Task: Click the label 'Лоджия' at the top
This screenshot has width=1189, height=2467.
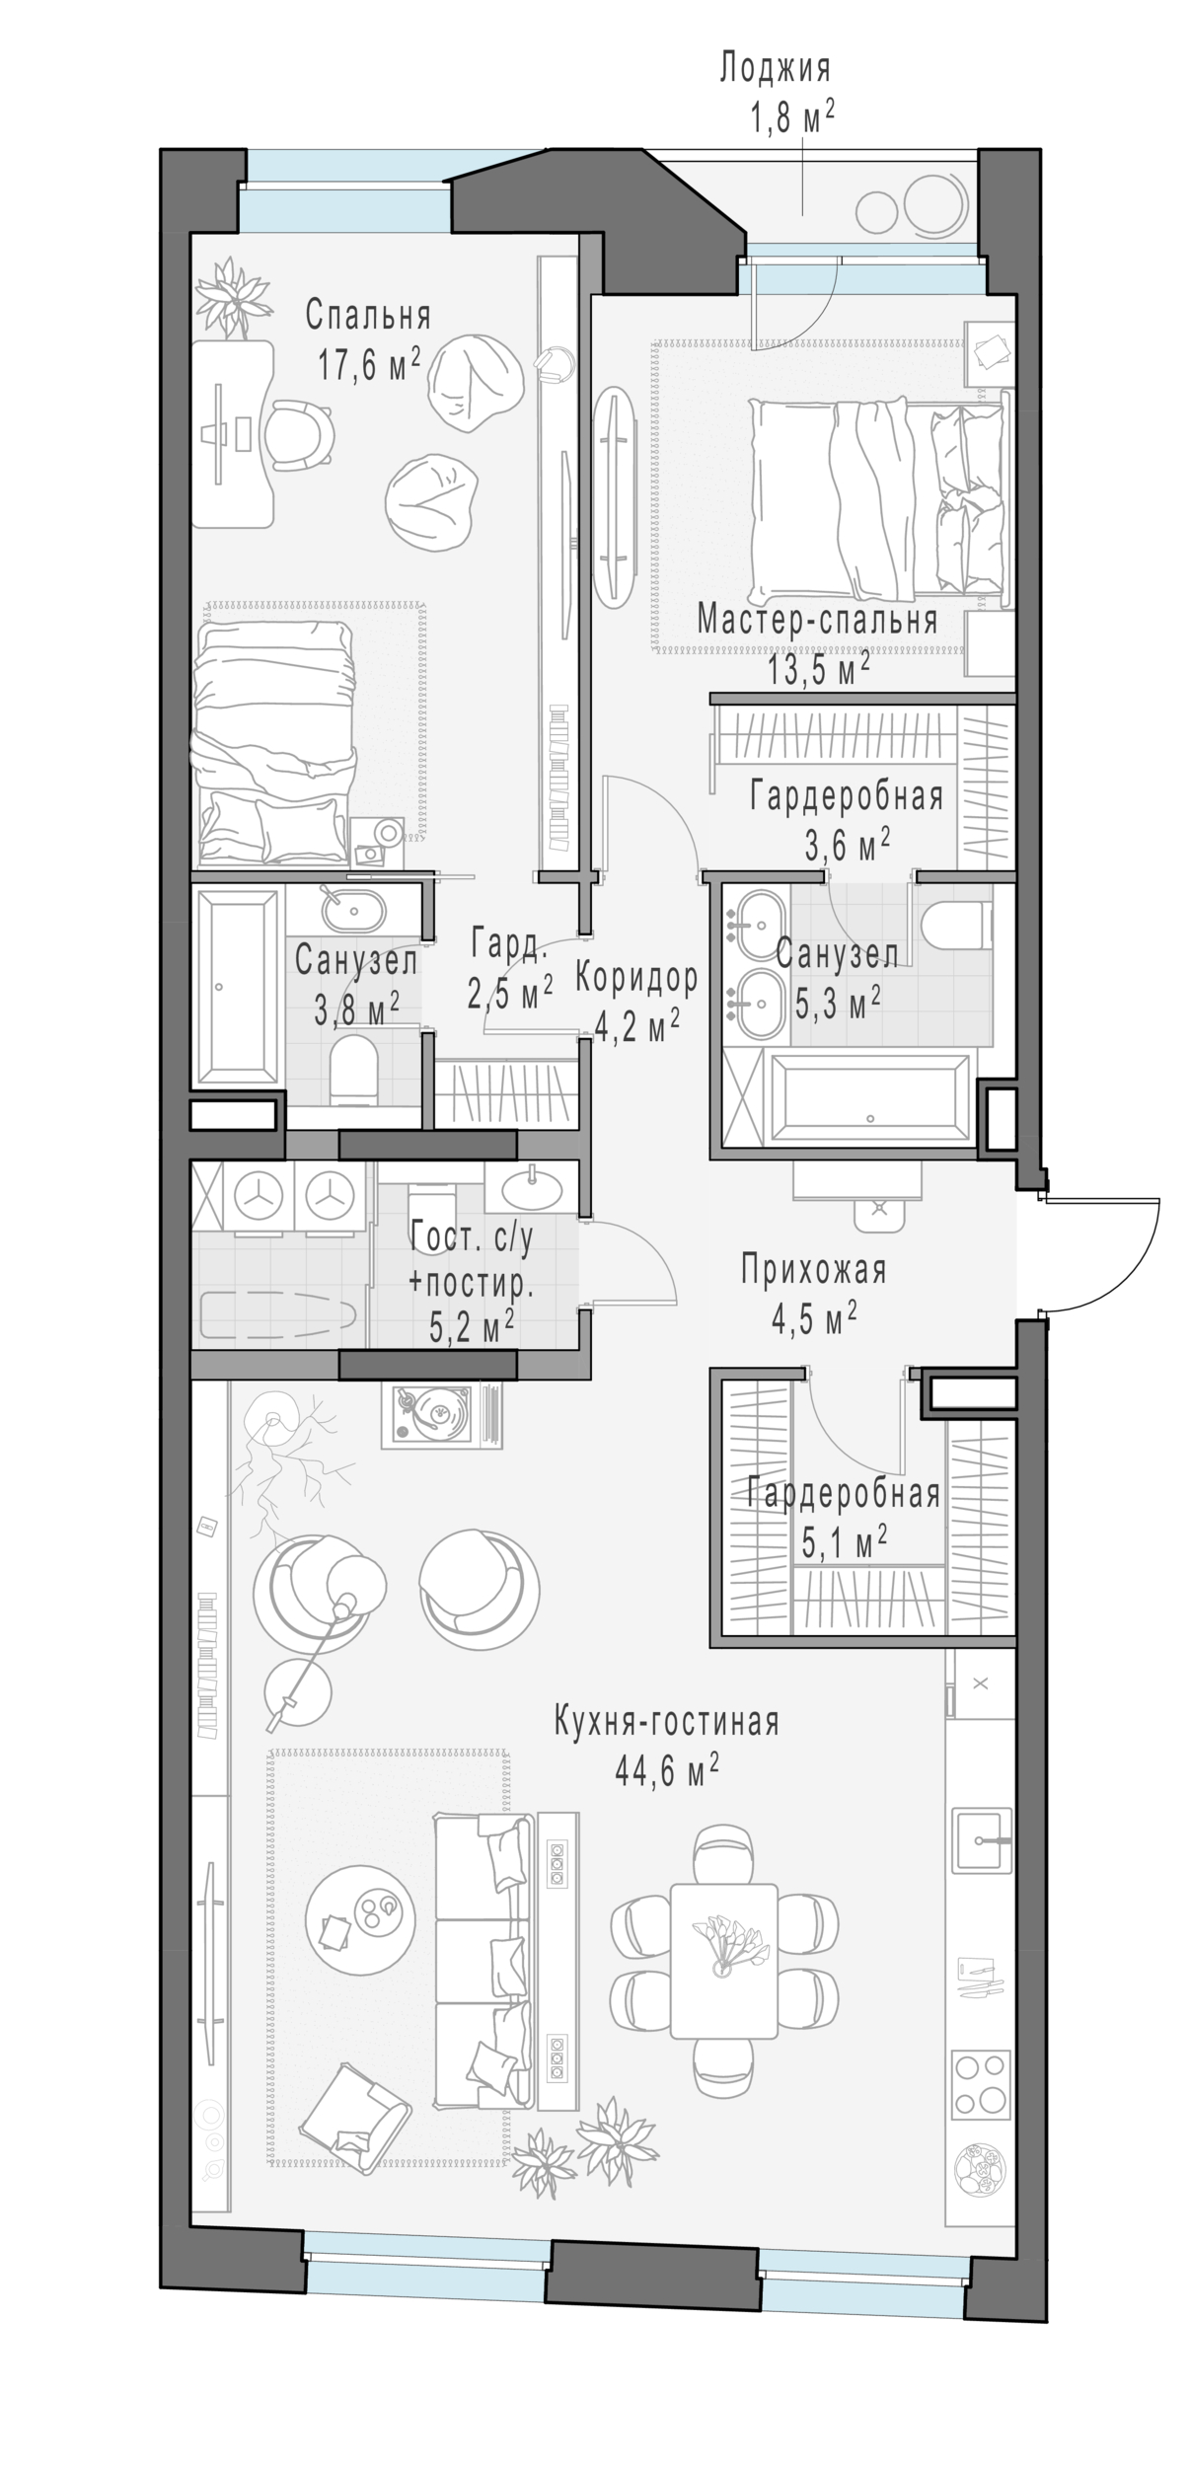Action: (x=775, y=69)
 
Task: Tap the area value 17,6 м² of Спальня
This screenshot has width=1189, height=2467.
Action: (x=368, y=365)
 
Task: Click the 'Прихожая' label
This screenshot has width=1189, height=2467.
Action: (x=814, y=1270)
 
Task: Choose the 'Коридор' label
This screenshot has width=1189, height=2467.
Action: (x=636, y=977)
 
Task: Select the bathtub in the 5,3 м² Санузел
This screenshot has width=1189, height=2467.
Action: (x=868, y=1094)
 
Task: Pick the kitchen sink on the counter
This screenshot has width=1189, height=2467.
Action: (x=982, y=1838)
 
